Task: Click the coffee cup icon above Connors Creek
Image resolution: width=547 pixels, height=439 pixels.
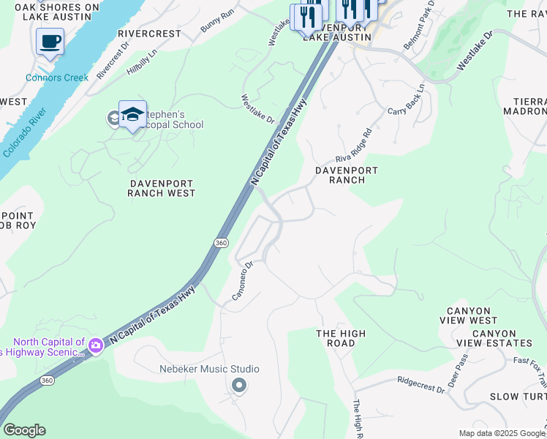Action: [50, 42]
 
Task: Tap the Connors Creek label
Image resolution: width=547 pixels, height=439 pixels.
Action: [57, 78]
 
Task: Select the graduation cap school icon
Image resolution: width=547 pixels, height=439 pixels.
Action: [132, 114]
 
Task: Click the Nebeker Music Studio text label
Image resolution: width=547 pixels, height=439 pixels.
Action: [209, 369]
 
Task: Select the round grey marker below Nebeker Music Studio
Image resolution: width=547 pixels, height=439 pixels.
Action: [238, 385]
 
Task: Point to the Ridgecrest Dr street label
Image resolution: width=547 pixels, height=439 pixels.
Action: [420, 381]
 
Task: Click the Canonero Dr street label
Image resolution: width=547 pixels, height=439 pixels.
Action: [242, 281]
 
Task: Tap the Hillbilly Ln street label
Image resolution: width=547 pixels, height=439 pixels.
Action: [142, 58]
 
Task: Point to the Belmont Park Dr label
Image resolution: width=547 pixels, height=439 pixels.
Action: [419, 25]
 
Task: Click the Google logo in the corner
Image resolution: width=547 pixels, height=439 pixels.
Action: [24, 430]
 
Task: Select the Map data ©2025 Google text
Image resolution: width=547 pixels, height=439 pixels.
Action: [502, 433]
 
